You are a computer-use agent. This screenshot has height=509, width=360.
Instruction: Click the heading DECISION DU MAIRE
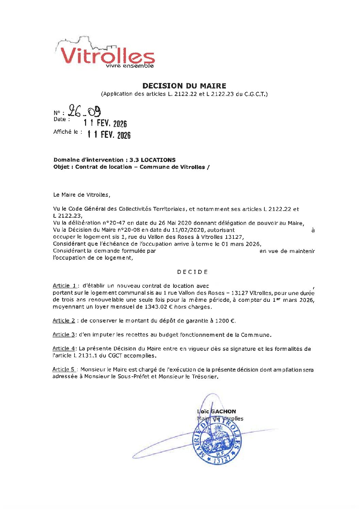coord(184,86)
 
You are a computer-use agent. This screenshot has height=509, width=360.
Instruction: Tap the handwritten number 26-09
coord(84,111)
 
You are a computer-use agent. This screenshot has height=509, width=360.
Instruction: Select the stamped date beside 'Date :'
coord(105,123)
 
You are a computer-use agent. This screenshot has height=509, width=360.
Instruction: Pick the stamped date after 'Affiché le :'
coord(109,135)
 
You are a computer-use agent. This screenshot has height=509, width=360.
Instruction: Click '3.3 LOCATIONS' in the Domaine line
coord(152,160)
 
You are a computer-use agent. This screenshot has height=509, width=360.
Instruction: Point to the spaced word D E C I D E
coord(192,272)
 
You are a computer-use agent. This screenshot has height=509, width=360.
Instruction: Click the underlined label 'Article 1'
coord(65,286)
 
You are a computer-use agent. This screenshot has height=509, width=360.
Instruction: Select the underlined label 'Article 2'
coord(64,321)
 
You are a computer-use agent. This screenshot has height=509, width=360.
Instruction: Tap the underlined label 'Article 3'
coord(64,334)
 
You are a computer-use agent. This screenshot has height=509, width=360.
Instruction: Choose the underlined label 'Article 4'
coord(64,348)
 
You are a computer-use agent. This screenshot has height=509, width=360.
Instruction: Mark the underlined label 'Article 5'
coord(64,369)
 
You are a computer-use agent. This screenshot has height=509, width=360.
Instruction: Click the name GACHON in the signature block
coord(223,411)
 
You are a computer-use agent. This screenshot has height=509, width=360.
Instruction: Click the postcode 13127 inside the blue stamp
coord(222,460)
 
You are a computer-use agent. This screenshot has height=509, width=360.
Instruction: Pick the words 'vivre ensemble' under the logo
coord(130,66)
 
